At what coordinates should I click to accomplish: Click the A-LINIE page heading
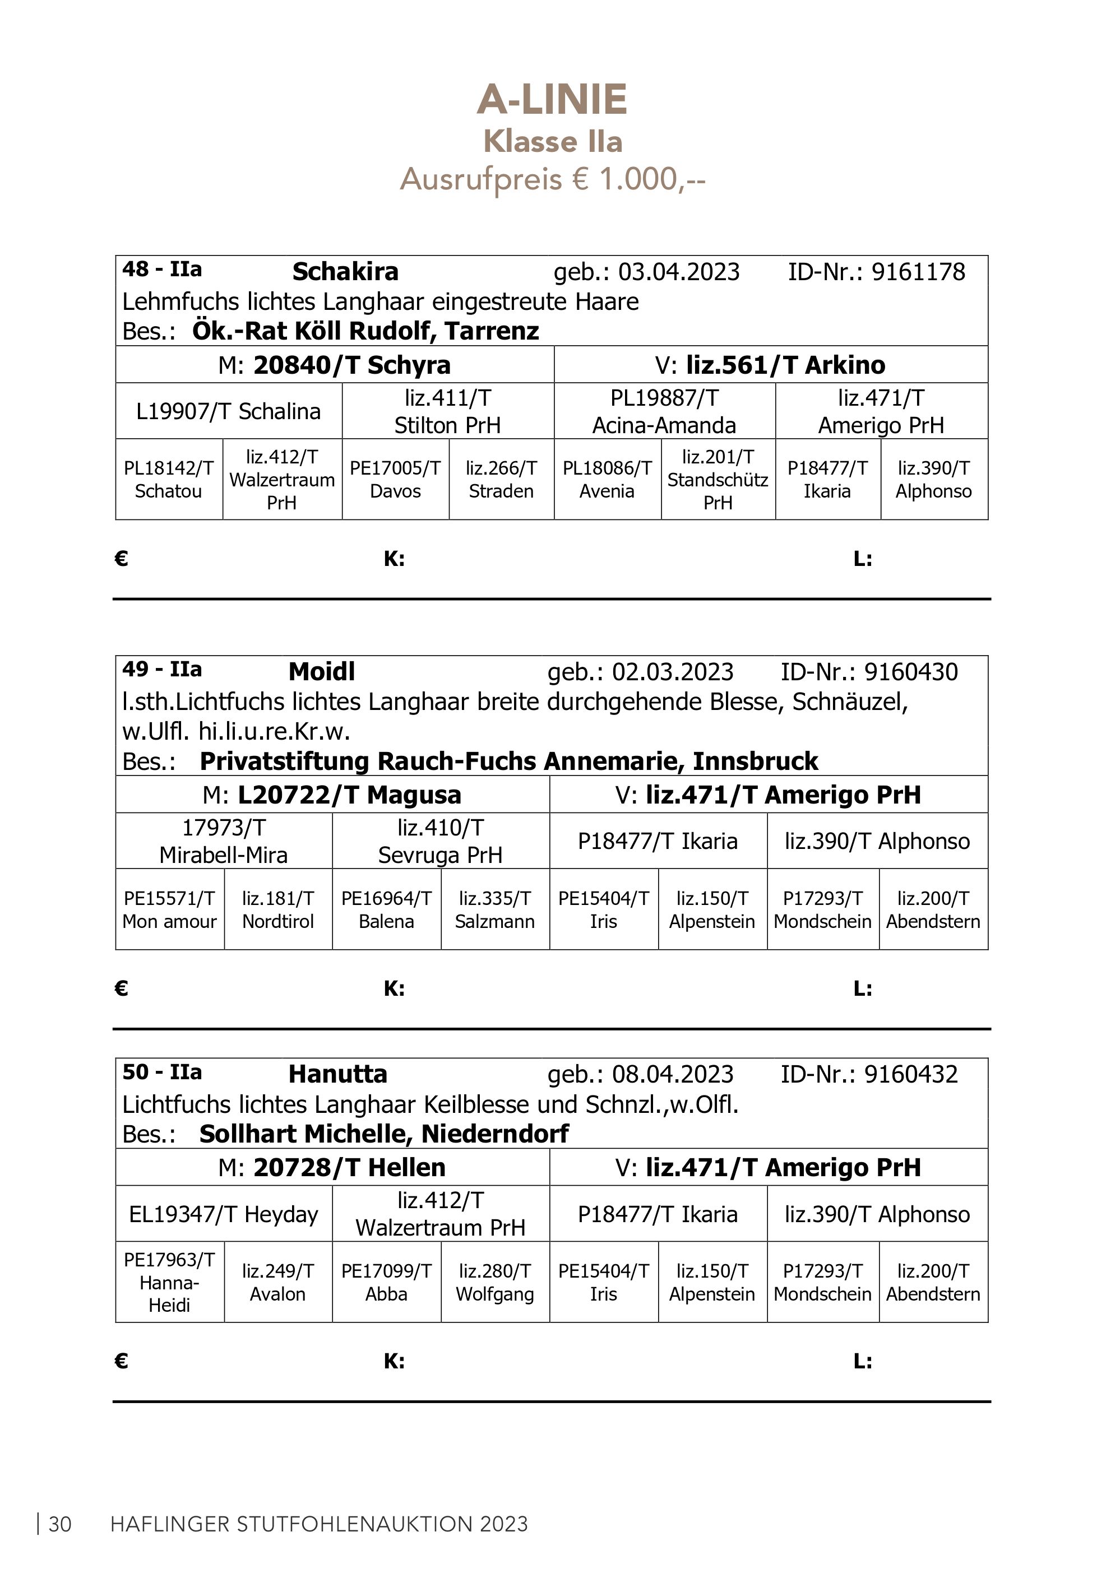(552, 100)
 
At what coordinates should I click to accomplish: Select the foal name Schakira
(345, 272)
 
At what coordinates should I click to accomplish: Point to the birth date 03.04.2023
(679, 272)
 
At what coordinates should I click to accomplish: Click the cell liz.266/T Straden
(501, 480)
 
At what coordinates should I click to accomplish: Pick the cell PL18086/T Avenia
(607, 480)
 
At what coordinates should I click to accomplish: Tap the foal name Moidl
(321, 672)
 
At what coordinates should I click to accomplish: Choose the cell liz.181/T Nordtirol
(277, 910)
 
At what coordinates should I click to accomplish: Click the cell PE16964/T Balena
(386, 910)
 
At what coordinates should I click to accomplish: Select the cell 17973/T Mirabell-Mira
(224, 841)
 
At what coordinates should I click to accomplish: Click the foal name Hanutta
(337, 1074)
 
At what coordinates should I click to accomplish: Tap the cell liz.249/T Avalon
(277, 1283)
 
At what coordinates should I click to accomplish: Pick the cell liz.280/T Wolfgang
(495, 1283)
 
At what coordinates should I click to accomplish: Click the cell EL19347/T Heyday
(224, 1214)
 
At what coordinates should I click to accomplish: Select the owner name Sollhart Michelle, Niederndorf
(383, 1134)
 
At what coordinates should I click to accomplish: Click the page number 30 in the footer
(60, 1525)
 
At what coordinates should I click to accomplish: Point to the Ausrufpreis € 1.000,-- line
(552, 180)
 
